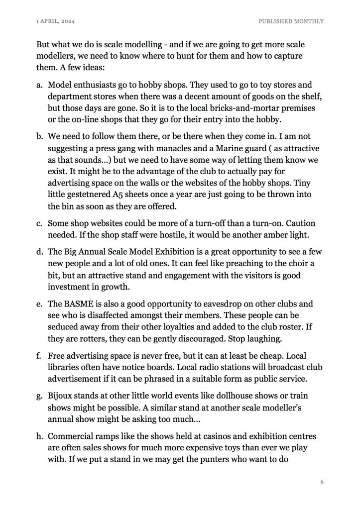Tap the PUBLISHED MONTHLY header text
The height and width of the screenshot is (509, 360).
point(291,21)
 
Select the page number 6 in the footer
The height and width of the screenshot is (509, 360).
point(322,482)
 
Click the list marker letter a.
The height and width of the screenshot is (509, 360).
point(39,85)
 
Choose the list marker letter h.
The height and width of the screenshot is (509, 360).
point(39,437)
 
